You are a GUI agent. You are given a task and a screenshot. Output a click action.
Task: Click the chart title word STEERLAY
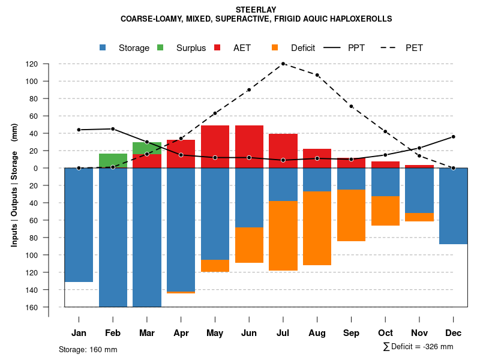coord(256,10)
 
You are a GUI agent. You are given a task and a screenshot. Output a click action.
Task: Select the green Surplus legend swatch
coord(161,47)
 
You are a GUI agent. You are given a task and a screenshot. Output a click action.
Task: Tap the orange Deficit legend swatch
coord(275,47)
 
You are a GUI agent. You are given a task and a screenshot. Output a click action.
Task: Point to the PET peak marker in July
coord(283,64)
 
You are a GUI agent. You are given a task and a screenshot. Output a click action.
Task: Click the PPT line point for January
coord(79,130)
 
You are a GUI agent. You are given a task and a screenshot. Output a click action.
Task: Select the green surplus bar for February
coord(113,161)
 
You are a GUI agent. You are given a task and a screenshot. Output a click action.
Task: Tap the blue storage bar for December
coord(453,206)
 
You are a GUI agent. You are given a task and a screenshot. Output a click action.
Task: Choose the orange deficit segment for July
coord(283,236)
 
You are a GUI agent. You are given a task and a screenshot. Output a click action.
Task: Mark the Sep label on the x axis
coord(351,333)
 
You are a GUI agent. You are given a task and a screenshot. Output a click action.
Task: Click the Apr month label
coord(181,333)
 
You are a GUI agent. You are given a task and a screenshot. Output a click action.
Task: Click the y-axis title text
coord(14,185)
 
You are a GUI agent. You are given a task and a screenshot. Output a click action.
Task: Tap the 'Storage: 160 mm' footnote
coord(88,349)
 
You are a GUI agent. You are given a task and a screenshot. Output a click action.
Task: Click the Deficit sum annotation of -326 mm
coord(418,347)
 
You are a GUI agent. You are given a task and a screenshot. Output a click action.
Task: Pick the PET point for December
coord(453,168)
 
